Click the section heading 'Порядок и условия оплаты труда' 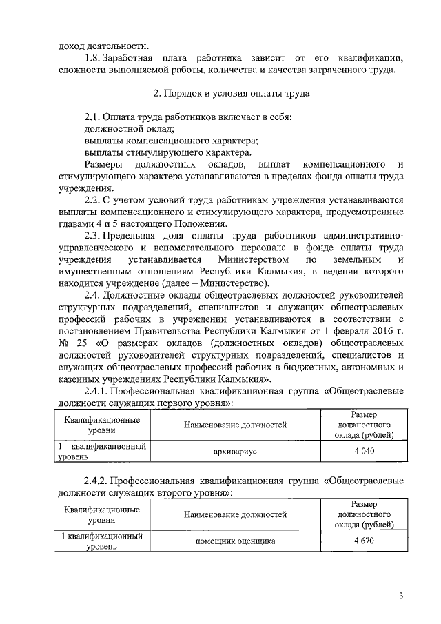point(231,92)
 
